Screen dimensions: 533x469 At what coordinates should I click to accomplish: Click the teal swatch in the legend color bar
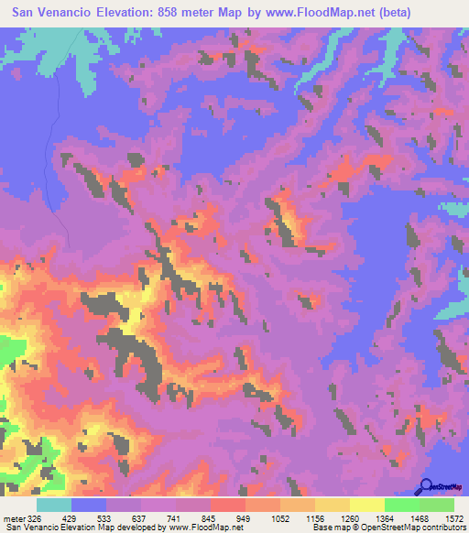tap(54, 506)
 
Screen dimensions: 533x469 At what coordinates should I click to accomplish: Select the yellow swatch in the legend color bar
tap(366, 506)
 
